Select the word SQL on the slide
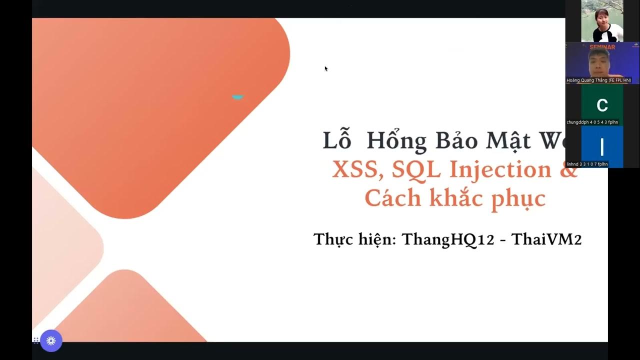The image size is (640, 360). tap(416, 170)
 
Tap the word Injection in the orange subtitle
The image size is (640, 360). tap(500, 170)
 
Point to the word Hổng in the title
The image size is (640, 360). tap(396, 141)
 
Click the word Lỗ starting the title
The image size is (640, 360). tap(337, 141)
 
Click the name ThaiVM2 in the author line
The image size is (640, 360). tap(546, 239)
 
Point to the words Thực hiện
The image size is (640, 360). tap(354, 239)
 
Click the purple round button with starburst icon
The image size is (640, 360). tap(51, 341)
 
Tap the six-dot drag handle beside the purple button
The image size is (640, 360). tap(36, 340)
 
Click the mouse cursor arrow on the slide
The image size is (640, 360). tap(326, 68)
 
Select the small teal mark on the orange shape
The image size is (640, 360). tap(237, 97)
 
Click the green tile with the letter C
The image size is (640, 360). tap(602, 105)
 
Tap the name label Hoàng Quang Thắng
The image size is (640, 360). tap(598, 80)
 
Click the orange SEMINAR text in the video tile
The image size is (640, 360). tap(602, 47)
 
